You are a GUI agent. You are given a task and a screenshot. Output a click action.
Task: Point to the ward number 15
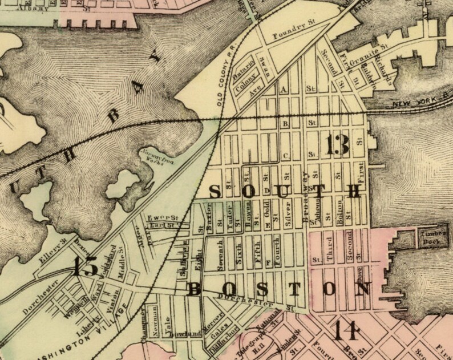pos(86,266)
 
